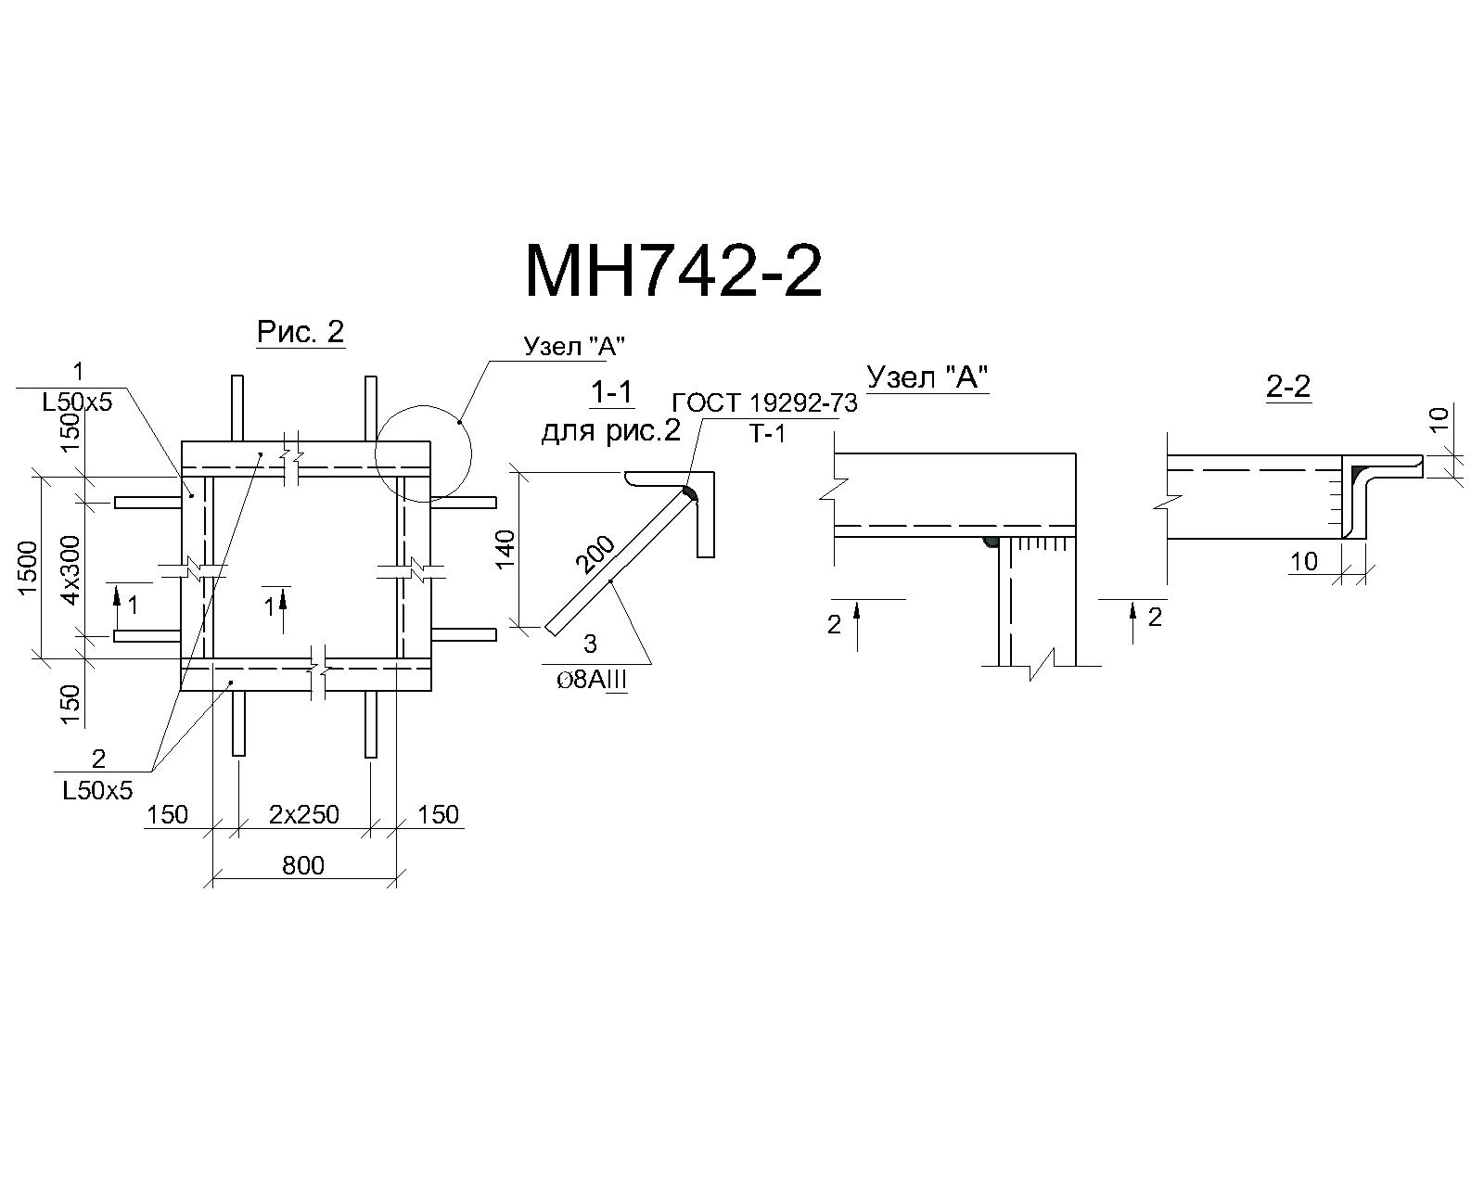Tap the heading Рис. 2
(x=301, y=332)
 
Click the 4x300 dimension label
(x=70, y=569)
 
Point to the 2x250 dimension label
(x=304, y=814)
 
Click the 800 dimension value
(x=303, y=865)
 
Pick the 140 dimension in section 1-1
(x=505, y=549)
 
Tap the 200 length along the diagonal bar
(x=595, y=555)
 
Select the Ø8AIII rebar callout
(x=592, y=680)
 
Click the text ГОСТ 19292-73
(x=764, y=402)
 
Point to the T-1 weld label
(x=768, y=434)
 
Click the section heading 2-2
(x=1288, y=387)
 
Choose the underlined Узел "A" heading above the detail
(x=927, y=377)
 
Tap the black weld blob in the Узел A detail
(x=991, y=542)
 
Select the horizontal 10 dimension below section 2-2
(x=1304, y=561)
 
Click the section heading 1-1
(x=611, y=392)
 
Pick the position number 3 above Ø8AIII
(x=590, y=644)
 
